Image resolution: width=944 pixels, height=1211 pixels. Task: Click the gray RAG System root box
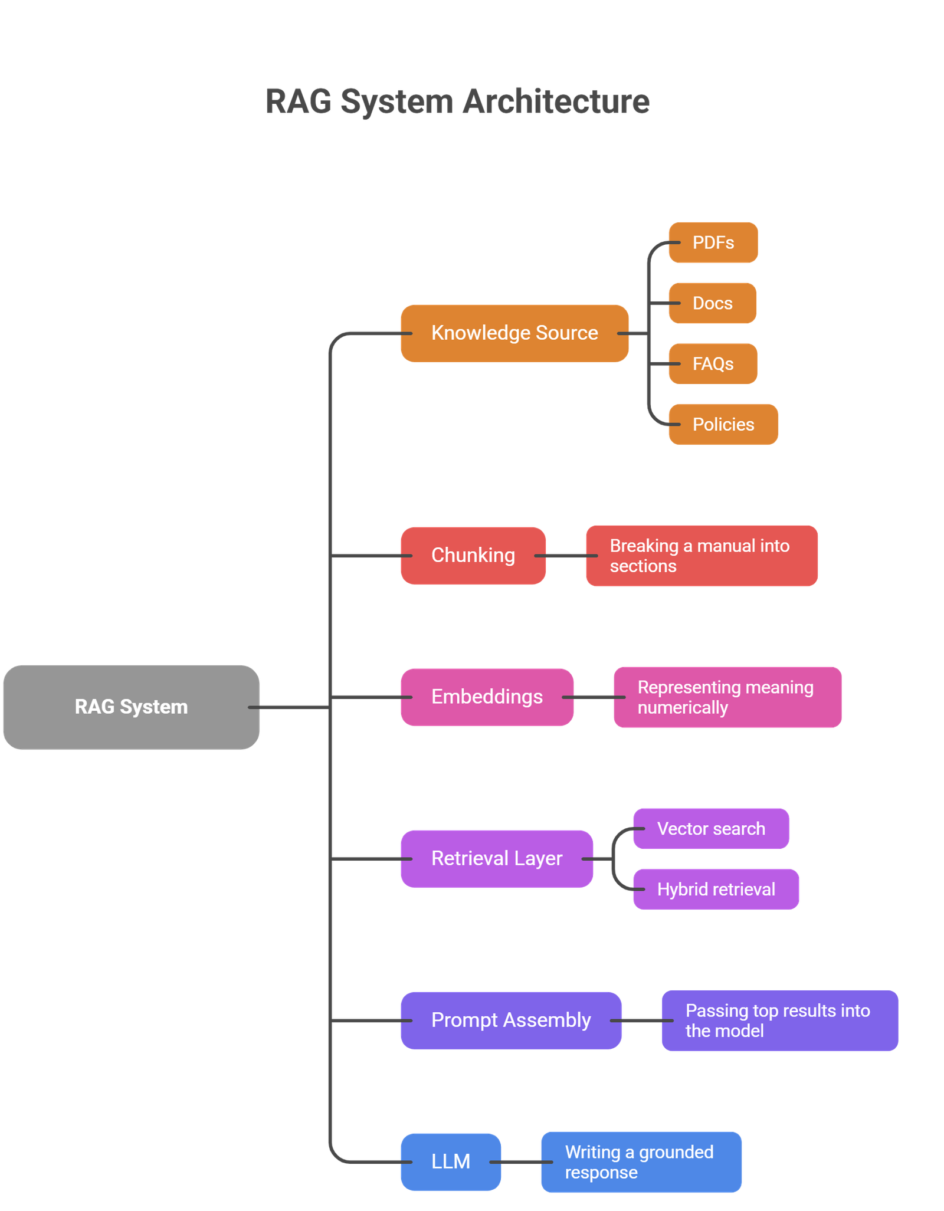coord(131,707)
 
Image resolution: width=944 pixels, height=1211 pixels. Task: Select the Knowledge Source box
coord(514,333)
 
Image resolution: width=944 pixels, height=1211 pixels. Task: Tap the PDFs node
coord(713,242)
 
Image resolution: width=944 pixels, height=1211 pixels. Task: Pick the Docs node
coord(712,303)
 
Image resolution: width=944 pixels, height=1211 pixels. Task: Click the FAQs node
coord(713,364)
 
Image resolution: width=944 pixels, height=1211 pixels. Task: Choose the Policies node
coord(723,425)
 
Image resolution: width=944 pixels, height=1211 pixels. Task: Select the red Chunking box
coord(473,556)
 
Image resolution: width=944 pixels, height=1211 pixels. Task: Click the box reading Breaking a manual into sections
coord(701,556)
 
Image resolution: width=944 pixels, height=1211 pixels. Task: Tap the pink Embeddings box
coord(487,697)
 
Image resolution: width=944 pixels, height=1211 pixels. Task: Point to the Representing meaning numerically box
coord(727,697)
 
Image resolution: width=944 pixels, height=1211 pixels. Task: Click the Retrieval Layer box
coord(496,859)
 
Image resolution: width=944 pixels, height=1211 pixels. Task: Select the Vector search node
coord(711,829)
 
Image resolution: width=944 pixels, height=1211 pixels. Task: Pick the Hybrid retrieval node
coord(716,890)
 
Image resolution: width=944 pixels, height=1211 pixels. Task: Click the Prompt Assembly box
coord(510,1020)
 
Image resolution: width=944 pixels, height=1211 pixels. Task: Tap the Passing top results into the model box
coord(779,1020)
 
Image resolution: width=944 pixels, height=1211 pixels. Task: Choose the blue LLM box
coord(450,1162)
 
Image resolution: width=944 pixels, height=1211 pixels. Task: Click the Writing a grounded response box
coord(641,1162)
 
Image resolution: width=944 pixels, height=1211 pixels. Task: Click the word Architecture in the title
coord(556,101)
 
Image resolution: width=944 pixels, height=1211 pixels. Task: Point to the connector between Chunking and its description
coord(566,556)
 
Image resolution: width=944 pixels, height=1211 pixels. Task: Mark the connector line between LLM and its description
coord(520,1162)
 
